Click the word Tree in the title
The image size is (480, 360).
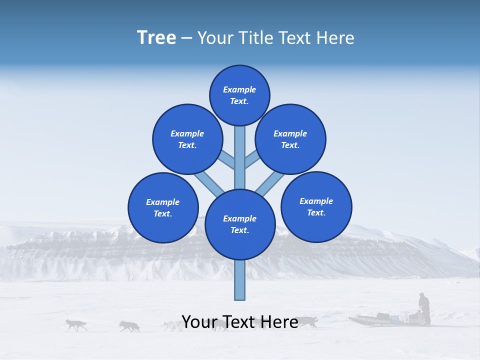click(x=156, y=37)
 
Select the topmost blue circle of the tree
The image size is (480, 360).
click(x=239, y=95)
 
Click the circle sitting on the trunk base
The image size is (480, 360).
click(x=240, y=224)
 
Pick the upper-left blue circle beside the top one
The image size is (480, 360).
click(x=187, y=139)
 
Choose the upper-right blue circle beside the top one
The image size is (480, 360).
click(x=290, y=139)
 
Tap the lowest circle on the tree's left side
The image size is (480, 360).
click(x=163, y=207)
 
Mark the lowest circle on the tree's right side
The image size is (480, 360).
click(x=316, y=206)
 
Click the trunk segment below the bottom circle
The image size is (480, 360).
click(x=239, y=280)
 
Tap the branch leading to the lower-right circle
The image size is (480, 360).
click(x=270, y=183)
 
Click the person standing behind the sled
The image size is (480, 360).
click(x=424, y=307)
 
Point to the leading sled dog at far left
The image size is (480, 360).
click(x=75, y=325)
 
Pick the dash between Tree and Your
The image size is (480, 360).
click(x=186, y=38)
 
